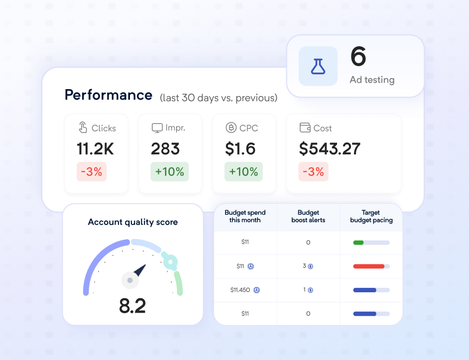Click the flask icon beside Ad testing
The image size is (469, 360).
point(318,66)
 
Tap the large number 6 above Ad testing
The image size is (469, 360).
point(358,56)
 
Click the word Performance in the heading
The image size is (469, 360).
point(109,95)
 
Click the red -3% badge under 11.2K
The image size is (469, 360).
point(91,172)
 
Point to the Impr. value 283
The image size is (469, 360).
point(165,148)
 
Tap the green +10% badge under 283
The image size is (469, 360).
point(169,172)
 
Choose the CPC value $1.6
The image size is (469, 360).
point(240,148)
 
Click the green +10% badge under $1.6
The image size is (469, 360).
point(243,172)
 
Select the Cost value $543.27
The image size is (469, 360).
point(330,148)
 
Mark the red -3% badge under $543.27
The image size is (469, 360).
point(313,172)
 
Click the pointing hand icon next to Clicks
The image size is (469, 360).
point(83,127)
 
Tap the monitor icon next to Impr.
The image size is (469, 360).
point(157,128)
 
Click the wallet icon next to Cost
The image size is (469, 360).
point(305,127)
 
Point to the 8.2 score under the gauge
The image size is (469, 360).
point(132,306)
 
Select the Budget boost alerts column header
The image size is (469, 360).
point(308,216)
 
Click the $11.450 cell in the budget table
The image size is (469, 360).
point(240,290)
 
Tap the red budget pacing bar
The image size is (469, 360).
point(368,266)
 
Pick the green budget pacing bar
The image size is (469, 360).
point(358,242)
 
